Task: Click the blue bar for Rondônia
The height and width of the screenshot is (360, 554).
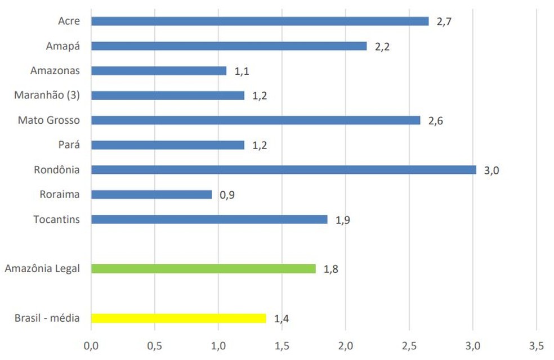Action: tap(283, 170)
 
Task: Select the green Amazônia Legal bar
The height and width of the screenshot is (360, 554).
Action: tap(203, 268)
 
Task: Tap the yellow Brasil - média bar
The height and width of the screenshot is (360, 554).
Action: tap(178, 318)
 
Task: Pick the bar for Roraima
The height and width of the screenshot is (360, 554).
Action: tap(151, 195)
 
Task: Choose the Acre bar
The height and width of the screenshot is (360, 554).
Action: tap(260, 21)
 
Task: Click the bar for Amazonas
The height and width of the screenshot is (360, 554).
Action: tap(158, 71)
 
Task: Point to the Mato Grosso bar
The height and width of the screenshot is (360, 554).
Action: tap(255, 120)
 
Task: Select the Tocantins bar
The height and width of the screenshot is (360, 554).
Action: tap(209, 219)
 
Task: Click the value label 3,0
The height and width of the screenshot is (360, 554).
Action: tap(492, 170)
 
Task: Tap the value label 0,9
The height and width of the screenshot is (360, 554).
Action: tap(227, 196)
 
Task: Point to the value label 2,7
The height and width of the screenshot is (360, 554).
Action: tap(445, 22)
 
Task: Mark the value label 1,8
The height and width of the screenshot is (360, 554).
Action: tap(330, 269)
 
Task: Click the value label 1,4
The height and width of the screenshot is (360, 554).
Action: tap(282, 319)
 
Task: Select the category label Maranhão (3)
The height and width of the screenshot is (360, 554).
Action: tap(47, 95)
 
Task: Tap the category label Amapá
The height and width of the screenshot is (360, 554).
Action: tap(62, 46)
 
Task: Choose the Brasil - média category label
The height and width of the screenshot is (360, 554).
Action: tap(47, 318)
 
